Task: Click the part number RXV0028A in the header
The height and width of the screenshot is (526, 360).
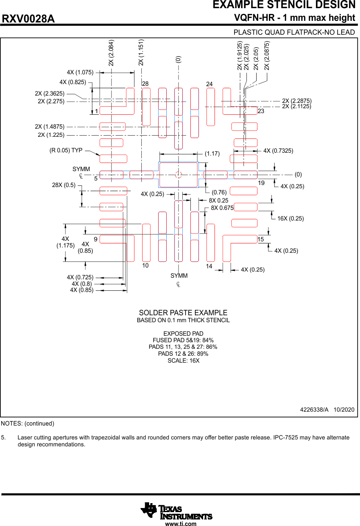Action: coord(29,19)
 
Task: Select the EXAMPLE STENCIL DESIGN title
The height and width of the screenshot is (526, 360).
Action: coord(284,5)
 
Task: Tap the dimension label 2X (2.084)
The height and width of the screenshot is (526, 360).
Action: coord(111,53)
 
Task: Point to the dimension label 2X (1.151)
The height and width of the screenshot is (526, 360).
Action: coord(141,52)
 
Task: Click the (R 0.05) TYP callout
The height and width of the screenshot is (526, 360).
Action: coord(66,150)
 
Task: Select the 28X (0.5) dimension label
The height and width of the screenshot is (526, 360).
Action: coord(64,185)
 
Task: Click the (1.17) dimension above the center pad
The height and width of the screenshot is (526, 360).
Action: coord(212,154)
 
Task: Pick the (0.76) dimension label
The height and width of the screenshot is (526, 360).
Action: coord(219,192)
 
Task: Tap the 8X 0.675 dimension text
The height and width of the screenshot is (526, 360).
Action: coord(222,208)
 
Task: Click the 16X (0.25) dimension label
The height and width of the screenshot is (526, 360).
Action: coord(291,218)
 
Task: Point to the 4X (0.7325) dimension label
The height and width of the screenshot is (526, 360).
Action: coord(278,151)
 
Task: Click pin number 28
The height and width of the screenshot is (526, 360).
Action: coord(145,84)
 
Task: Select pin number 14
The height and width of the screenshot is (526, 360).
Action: coord(209,266)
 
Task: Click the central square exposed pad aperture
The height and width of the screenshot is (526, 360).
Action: coord(178,175)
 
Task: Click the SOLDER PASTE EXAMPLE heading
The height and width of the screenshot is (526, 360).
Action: coord(183,313)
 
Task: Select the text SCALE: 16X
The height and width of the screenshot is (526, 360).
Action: coord(183,361)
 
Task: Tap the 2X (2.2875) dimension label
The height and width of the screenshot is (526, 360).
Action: coord(297,101)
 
